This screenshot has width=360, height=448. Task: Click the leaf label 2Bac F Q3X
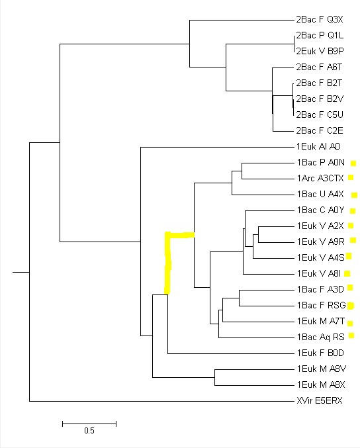point(320,19)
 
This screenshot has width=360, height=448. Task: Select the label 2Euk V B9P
point(320,51)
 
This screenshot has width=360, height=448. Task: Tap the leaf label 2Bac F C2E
point(320,130)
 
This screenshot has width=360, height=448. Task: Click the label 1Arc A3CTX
point(320,178)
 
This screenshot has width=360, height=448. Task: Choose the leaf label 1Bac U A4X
point(320,195)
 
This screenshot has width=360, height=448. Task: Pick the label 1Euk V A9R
point(320,242)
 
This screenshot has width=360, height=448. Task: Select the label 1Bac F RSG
point(322,306)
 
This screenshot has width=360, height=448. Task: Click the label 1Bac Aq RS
point(320,337)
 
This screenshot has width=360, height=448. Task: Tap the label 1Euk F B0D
point(320,353)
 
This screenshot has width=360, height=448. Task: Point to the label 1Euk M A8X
point(321,385)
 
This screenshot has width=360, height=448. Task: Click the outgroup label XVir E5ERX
point(320,401)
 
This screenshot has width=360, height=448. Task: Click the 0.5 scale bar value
point(89,431)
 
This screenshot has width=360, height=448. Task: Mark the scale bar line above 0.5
point(89,424)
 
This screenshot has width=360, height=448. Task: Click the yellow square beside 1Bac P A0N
point(353,163)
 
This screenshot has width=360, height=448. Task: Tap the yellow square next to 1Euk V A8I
point(347,274)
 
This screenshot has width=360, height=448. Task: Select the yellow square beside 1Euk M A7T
point(350,324)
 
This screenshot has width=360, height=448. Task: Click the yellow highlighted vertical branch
point(167,263)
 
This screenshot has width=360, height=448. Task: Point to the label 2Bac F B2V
point(320,99)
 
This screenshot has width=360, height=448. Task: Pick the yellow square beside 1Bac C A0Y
point(353,211)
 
